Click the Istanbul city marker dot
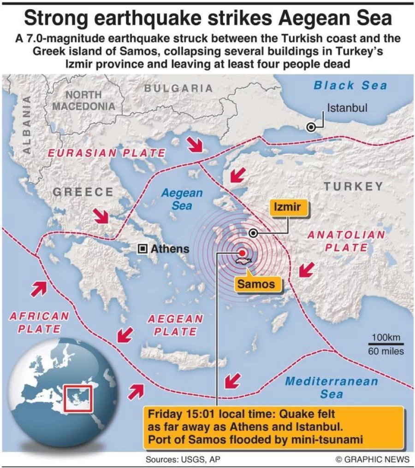[312, 128]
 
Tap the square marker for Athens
[143, 249]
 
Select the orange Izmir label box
[287, 207]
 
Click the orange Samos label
[256, 284]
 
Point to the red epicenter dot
[242, 253]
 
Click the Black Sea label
[350, 85]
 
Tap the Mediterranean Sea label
[332, 387]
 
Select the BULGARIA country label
[178, 88]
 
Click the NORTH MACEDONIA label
[83, 100]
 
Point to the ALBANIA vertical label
[27, 124]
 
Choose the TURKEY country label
[353, 187]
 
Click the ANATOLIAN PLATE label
[346, 241]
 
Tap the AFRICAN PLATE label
[39, 322]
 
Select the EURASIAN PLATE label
[107, 153]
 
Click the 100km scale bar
[386, 344]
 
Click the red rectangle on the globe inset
[78, 398]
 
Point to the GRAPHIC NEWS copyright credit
[372, 459]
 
